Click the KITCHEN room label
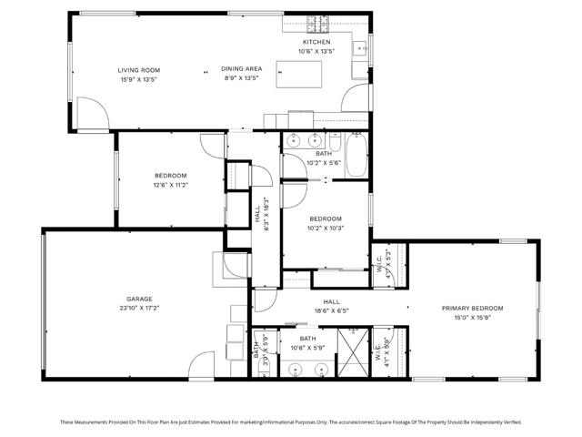pyautogui.click(x=316, y=42)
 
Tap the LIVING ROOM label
pyautogui.click(x=138, y=70)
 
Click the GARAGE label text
pyautogui.click(x=138, y=299)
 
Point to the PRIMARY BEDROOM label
pyautogui.click(x=472, y=309)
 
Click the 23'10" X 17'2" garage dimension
pyautogui.click(x=138, y=309)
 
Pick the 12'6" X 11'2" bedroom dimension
pyautogui.click(x=170, y=186)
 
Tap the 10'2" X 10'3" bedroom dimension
pyautogui.click(x=325, y=229)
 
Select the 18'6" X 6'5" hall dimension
pyautogui.click(x=331, y=310)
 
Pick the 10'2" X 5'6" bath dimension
pyautogui.click(x=324, y=163)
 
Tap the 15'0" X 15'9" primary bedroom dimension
pyautogui.click(x=472, y=319)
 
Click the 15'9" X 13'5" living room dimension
pyautogui.click(x=138, y=79)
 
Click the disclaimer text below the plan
pyautogui.click(x=291, y=422)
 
